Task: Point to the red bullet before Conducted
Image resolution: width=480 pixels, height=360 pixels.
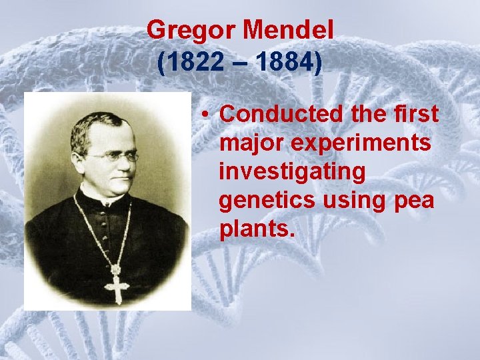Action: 209,115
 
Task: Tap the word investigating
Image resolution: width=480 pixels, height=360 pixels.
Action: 292,172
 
